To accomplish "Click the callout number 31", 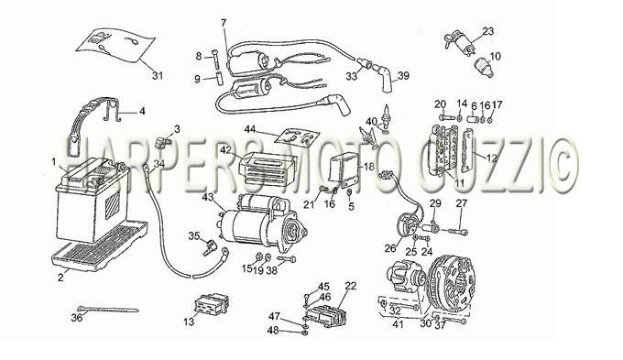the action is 158,75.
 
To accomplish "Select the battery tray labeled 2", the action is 99,246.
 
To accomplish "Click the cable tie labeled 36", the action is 108,310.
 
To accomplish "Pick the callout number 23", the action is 488,30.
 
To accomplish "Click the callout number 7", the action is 224,23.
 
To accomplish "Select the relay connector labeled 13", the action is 211,304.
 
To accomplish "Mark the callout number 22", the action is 351,286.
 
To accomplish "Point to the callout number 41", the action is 399,324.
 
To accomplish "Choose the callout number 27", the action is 462,203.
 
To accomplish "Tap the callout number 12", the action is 491,158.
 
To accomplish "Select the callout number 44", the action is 250,129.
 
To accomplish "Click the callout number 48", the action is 273,330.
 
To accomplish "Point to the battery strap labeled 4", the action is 114,110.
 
